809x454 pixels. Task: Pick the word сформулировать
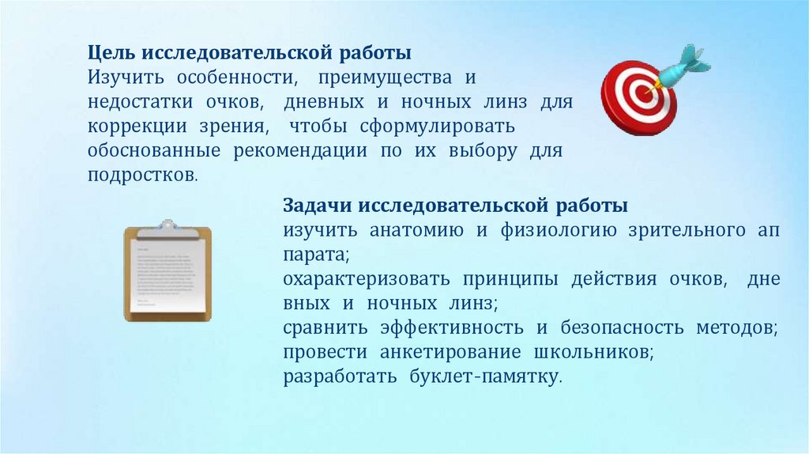[439, 127]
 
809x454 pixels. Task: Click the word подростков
[140, 175]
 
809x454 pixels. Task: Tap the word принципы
[509, 279]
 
